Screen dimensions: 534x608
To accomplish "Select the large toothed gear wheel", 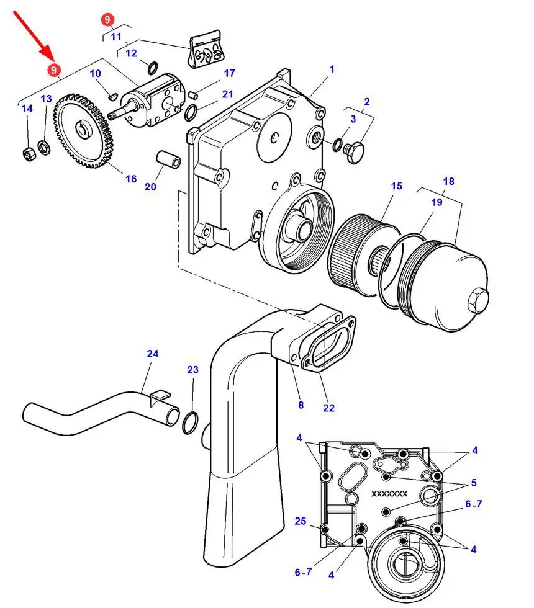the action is pos(83,131).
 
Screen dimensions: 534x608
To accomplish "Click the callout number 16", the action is pos(131,179).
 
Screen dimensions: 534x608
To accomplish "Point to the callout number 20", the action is pos(150,187).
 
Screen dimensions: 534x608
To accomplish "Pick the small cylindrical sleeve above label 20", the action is pos(168,159).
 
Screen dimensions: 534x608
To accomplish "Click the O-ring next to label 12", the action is pos(153,68).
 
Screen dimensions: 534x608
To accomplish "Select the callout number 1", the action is pos(332,69).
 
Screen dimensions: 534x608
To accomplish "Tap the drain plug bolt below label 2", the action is pos(355,152).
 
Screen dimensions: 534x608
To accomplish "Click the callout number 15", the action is pos(397,186).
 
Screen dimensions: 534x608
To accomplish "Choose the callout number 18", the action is pos(448,181).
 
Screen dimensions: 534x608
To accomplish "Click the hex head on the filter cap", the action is pos(478,300).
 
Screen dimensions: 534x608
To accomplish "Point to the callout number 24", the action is pos(153,354).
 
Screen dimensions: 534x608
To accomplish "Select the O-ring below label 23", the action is pos(190,423).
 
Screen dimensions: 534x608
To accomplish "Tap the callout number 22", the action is pos(328,408).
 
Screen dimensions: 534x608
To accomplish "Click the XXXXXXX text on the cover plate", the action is pos(389,494).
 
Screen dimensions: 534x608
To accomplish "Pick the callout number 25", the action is pos(301,521).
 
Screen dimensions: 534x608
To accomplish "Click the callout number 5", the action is pos(474,483).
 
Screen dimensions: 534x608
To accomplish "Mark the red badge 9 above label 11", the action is pos(107,19).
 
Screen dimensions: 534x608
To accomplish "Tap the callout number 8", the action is pos(301,405).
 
